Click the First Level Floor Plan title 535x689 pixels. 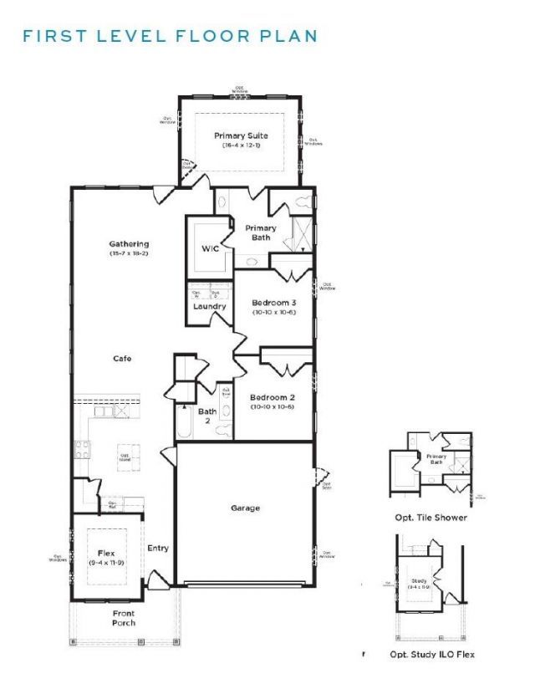click(170, 36)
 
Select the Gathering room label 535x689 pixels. click(129, 244)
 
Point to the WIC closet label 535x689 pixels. click(209, 249)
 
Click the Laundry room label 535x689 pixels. click(209, 306)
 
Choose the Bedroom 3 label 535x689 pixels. click(273, 302)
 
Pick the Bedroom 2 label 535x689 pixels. click(273, 397)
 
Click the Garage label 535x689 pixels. click(245, 508)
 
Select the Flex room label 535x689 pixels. click(105, 553)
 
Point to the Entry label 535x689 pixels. click(158, 549)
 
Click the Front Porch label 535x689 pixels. click(123, 618)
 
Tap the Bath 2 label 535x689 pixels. click(206, 416)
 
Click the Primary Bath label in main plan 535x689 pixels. click(261, 232)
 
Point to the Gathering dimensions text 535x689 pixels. click(129, 253)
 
